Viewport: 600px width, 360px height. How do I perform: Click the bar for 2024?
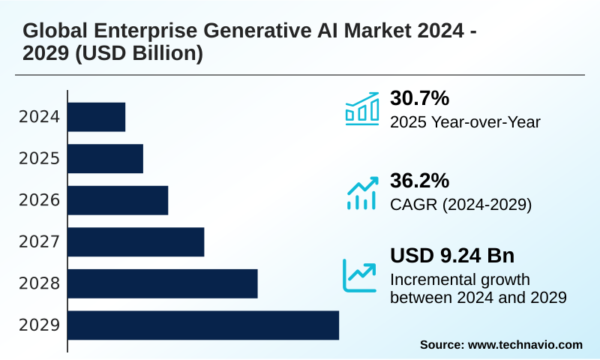[x=97, y=117]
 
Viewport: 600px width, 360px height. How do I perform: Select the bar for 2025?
[x=106, y=158]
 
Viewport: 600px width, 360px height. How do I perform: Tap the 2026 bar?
[x=118, y=199]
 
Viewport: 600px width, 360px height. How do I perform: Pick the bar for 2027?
[x=136, y=241]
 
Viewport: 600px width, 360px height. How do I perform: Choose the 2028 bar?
[x=163, y=283]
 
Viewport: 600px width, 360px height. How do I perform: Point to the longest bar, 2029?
[x=203, y=325]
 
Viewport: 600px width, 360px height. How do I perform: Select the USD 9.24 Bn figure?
[x=451, y=255]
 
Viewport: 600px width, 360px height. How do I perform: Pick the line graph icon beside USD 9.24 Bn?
[x=360, y=274]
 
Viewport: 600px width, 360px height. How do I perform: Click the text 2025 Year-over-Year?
[x=465, y=121]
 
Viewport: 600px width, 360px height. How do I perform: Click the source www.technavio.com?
[x=501, y=344]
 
